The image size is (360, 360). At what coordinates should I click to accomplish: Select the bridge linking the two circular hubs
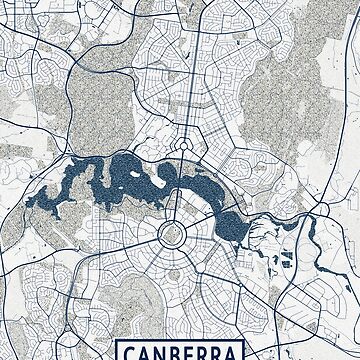point(177,190)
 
